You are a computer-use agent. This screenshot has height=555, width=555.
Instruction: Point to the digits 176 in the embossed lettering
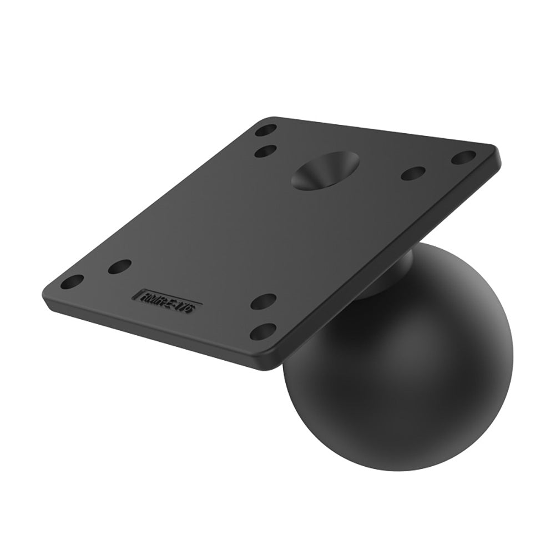tap(184, 307)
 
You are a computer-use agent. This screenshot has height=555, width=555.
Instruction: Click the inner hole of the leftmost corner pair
tap(119, 267)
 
